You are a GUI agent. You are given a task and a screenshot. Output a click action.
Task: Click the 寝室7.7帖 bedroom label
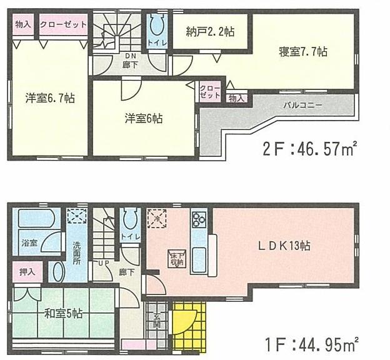point(303,52)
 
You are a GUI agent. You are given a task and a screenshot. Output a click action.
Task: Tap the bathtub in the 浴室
point(36,220)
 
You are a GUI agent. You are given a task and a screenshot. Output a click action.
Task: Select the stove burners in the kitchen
point(199,219)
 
